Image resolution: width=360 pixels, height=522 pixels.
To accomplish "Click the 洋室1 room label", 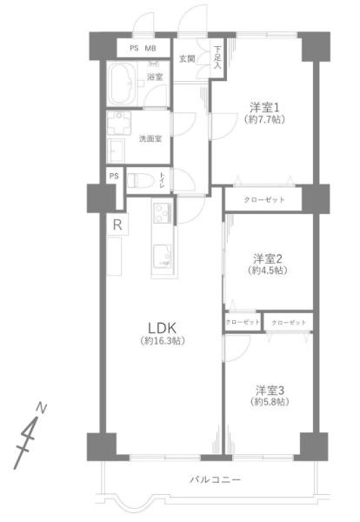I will click(x=263, y=108).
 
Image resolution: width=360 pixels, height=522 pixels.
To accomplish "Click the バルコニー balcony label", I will click(x=215, y=479).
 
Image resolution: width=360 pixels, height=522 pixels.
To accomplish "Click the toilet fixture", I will click(x=144, y=181).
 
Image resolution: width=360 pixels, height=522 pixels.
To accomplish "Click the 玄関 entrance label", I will click(x=187, y=59).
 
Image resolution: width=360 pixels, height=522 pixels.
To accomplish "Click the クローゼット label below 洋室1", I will click(x=262, y=200).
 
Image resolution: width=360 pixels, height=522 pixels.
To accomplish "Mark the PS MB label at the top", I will click(x=143, y=48).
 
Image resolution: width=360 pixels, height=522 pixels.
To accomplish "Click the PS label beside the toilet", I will click(x=114, y=177).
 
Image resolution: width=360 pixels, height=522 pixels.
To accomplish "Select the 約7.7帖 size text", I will click(x=263, y=120).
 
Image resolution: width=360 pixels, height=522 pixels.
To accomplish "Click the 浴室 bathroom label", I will click(x=155, y=77).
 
